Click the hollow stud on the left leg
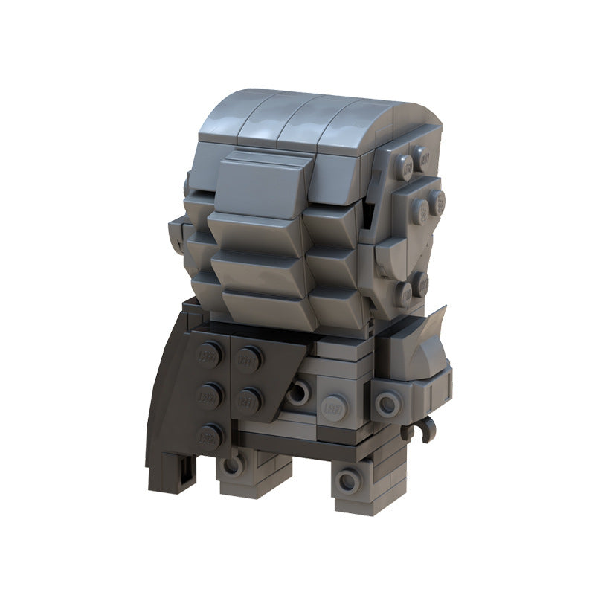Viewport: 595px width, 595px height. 233,465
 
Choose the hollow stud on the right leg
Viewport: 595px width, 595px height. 347,481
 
